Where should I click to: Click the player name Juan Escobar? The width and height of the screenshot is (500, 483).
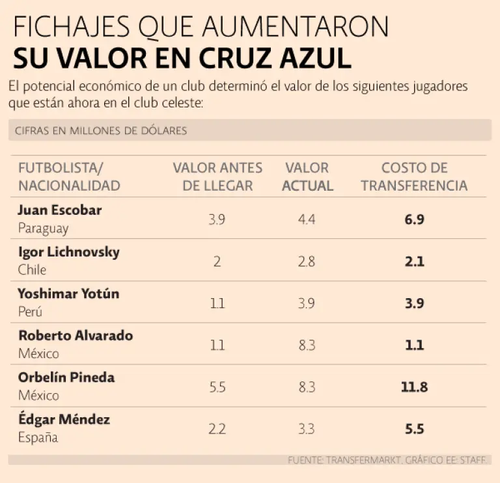(x=60, y=210)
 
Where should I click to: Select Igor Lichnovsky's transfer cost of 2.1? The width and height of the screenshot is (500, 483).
(x=414, y=262)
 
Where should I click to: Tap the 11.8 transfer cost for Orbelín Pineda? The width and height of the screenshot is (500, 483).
(x=414, y=387)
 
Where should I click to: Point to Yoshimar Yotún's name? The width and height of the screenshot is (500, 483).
(x=68, y=294)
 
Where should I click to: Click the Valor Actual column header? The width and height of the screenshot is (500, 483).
(x=307, y=176)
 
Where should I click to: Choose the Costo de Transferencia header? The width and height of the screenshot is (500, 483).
(x=414, y=176)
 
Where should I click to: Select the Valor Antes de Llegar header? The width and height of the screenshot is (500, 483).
(x=217, y=176)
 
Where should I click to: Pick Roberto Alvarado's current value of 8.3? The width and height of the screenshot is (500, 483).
(x=307, y=345)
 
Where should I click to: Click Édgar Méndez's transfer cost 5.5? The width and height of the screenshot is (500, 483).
(x=414, y=429)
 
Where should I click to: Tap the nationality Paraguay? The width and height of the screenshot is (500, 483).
(x=43, y=228)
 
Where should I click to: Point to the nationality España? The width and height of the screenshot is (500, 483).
(x=38, y=437)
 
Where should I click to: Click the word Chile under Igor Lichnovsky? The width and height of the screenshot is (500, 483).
(x=32, y=270)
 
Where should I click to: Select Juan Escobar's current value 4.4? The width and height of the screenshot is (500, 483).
(x=307, y=220)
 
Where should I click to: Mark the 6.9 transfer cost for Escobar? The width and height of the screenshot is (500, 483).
(x=414, y=220)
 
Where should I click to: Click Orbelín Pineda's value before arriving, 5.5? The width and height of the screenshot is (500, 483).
(x=217, y=387)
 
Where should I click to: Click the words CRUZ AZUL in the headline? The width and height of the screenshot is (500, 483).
(x=279, y=59)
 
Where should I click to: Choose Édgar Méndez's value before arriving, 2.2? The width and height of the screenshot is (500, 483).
(x=217, y=429)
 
